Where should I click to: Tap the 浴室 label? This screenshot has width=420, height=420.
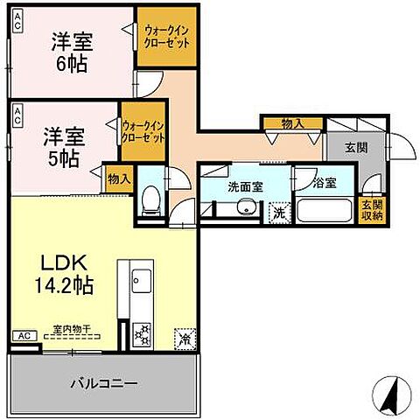point(324,185)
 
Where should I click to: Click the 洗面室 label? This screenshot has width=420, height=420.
point(246,185)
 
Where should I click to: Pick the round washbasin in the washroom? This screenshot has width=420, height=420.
point(246,207)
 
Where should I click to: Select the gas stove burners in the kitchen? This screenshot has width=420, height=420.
point(142,332)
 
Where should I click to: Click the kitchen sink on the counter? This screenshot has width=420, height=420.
point(141,283)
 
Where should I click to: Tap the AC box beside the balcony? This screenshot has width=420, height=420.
point(24,335)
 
